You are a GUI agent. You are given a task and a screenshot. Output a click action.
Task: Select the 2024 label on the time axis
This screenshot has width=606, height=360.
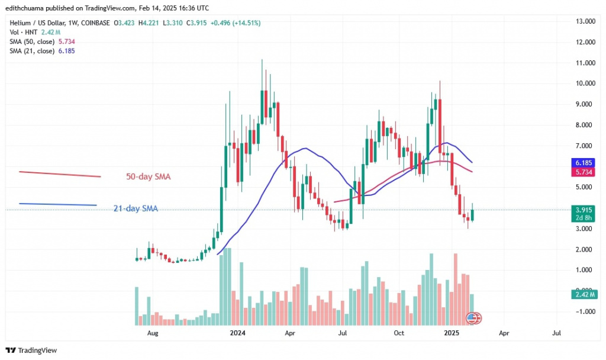coord(239,333)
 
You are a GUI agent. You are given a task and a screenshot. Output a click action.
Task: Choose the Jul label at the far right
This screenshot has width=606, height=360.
coord(556,333)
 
